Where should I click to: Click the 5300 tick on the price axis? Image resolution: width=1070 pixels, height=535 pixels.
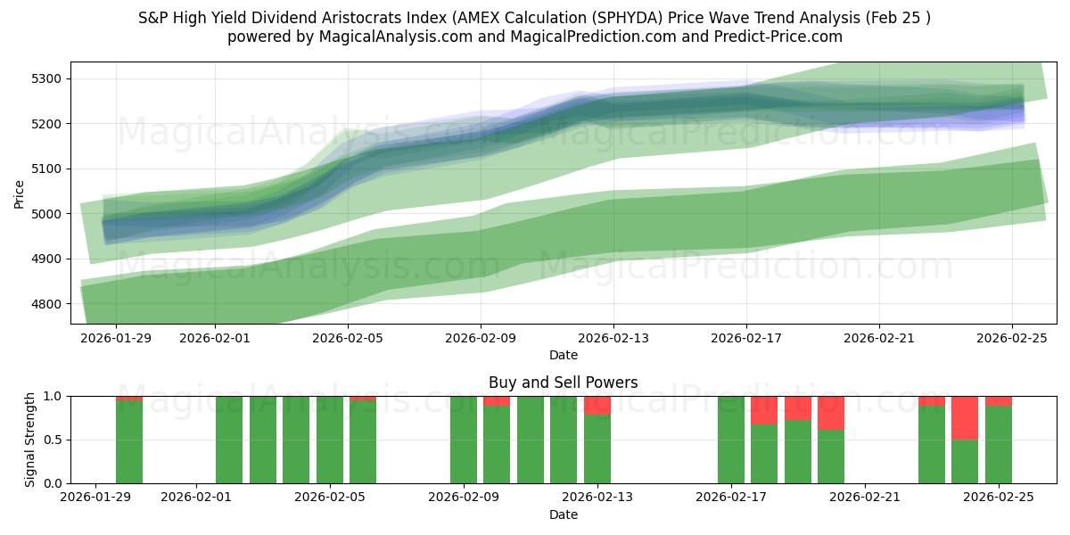click(45, 78)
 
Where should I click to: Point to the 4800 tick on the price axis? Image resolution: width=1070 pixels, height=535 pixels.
click(45, 304)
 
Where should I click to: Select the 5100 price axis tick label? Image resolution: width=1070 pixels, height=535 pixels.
click(45, 169)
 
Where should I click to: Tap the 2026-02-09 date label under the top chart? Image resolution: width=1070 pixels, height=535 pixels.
click(481, 338)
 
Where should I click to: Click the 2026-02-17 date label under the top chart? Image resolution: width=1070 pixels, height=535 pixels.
click(746, 338)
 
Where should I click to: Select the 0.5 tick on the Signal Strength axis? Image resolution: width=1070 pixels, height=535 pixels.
click(51, 440)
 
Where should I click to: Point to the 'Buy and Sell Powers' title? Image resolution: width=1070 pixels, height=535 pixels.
click(563, 383)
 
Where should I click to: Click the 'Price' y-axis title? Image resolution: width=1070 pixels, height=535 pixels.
click(20, 193)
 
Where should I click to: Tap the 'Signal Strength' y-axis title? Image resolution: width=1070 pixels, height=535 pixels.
click(29, 439)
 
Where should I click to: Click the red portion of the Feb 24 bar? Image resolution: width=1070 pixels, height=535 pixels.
click(965, 417)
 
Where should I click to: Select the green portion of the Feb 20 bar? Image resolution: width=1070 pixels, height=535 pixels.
click(831, 457)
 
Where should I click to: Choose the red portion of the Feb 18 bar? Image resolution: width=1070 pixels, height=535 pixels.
click(764, 410)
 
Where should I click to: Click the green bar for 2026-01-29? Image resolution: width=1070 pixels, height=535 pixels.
click(129, 442)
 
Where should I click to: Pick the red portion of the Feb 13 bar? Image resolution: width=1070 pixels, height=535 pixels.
click(597, 406)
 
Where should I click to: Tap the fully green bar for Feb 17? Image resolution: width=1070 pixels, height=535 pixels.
click(731, 440)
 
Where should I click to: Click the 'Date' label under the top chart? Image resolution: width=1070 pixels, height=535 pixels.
click(563, 355)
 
